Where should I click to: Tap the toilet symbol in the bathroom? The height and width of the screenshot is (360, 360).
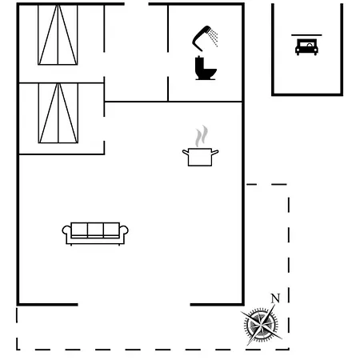206,69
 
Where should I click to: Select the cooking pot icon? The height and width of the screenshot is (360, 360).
200,157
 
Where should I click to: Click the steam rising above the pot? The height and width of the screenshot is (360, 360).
202,136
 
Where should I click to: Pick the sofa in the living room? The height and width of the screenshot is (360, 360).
95,234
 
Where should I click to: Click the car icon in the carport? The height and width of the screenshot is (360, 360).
306,47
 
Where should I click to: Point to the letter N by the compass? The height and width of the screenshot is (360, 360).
275,298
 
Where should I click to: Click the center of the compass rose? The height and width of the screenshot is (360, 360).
261,325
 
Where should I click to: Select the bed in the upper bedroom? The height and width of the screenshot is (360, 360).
58,34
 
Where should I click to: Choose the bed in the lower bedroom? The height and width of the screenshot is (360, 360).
58,113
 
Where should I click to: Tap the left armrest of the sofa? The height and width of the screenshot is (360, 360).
66,231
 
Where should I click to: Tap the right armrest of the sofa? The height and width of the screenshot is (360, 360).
124,231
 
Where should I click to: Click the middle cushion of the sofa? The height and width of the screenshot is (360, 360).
95,230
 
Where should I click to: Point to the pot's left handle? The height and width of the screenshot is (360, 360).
186,152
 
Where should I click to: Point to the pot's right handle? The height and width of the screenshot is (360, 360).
215,152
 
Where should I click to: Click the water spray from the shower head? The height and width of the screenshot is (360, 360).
214,38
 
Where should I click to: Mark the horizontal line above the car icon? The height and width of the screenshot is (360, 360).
306,35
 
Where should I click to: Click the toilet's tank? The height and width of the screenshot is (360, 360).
198,63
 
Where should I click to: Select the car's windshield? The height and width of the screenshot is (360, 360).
306,44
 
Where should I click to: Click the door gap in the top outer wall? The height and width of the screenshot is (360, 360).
137,4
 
